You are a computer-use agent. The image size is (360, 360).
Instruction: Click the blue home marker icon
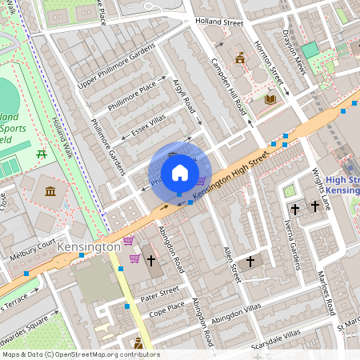(180, 173)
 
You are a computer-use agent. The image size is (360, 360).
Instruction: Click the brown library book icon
(270, 99)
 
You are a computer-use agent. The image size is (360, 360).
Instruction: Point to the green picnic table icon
(42, 152)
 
